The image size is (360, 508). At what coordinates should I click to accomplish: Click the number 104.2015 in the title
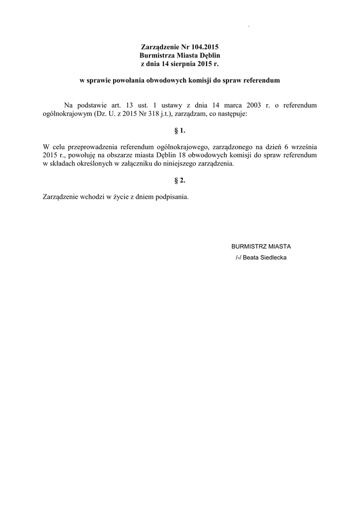[x=202, y=47]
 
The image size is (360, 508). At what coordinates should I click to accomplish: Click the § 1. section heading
[x=180, y=130]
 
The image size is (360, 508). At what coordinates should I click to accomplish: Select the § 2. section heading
[x=180, y=181]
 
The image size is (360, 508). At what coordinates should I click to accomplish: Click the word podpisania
[x=172, y=196]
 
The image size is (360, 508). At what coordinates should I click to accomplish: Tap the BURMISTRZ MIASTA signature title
[x=261, y=247]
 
